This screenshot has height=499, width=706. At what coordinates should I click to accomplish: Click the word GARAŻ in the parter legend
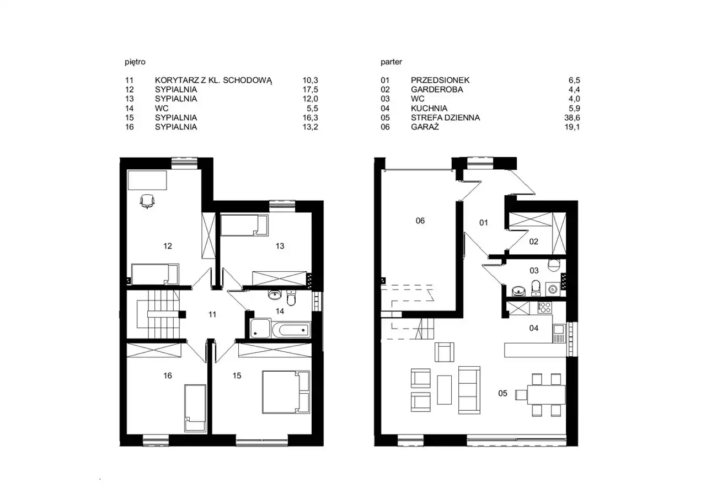point(425,127)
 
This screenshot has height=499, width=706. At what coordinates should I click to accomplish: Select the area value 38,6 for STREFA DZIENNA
point(572,117)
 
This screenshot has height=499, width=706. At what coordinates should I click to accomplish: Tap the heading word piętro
point(135,62)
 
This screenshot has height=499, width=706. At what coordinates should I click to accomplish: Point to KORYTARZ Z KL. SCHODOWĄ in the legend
point(213,81)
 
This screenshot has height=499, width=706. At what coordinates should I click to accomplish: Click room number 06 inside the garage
point(420,221)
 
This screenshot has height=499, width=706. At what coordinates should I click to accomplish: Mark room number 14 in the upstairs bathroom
point(280,311)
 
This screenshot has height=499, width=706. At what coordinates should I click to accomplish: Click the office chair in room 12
point(147,201)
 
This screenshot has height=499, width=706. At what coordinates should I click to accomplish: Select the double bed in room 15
point(286,392)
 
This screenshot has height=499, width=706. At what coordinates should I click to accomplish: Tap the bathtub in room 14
point(291,330)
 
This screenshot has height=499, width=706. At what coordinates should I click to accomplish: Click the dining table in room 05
point(546,394)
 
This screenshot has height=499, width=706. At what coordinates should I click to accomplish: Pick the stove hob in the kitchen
point(544,307)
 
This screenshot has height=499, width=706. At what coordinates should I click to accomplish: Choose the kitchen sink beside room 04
point(559,333)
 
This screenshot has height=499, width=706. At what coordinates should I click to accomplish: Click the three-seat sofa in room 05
point(469,390)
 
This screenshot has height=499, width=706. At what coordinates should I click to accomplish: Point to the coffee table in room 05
point(445,390)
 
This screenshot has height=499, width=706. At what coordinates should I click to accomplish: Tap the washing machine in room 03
point(553,289)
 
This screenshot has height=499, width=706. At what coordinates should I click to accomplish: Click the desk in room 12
point(147,180)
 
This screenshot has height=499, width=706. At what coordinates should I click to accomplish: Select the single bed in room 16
point(195,408)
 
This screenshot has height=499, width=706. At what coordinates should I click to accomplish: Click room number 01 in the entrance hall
point(484,223)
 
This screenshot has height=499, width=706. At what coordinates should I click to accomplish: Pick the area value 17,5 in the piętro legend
point(311,89)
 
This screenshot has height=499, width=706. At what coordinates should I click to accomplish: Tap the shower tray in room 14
point(260,329)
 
